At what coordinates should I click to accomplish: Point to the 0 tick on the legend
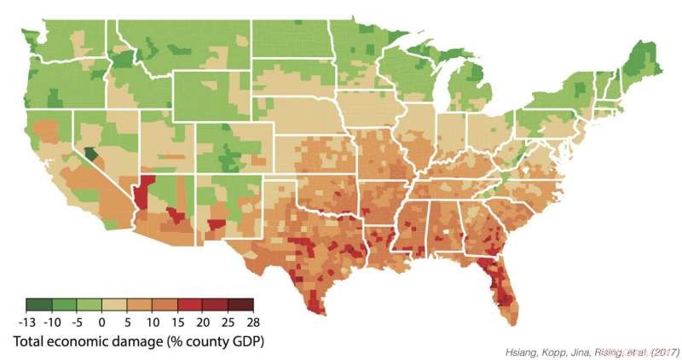click(x=101, y=322)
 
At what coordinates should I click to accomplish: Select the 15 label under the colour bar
click(x=177, y=322)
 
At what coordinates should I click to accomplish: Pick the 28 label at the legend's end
click(x=252, y=322)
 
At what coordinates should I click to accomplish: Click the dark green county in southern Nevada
click(x=91, y=154)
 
